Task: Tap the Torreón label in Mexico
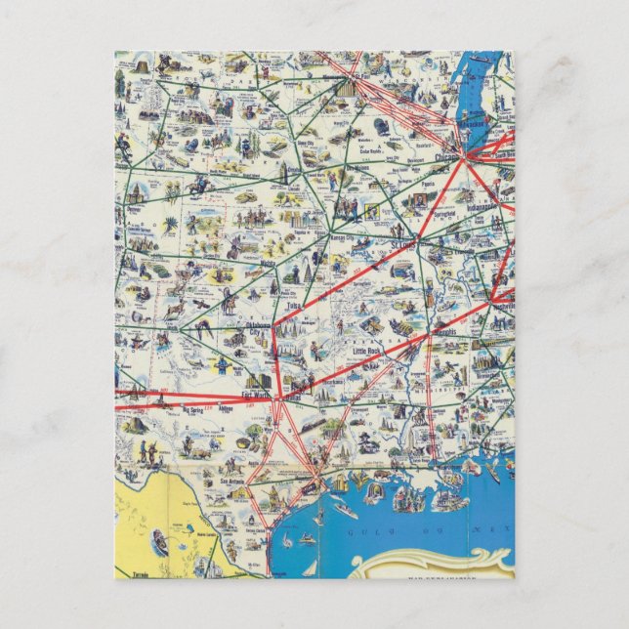[131, 566]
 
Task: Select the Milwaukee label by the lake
[475, 128]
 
